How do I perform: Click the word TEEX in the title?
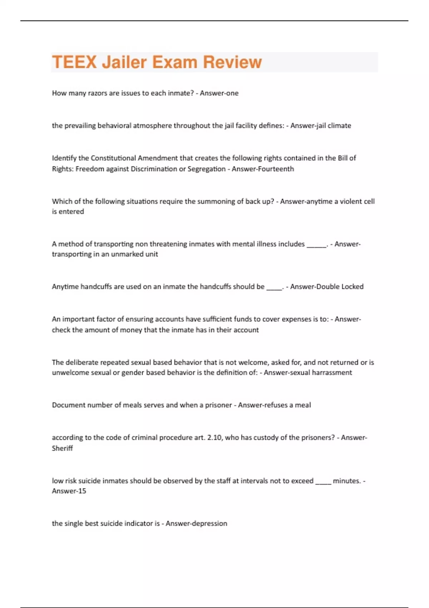tap(74, 62)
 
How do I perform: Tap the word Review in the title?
tap(232, 62)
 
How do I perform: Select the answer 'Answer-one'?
tap(219, 93)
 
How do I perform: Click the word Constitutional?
tap(113, 158)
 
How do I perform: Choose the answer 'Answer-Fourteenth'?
tap(263, 169)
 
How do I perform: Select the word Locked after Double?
tap(352, 286)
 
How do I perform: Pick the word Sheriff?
tap(62, 448)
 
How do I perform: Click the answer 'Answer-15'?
tap(69, 491)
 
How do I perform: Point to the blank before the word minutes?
tap(323, 482)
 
